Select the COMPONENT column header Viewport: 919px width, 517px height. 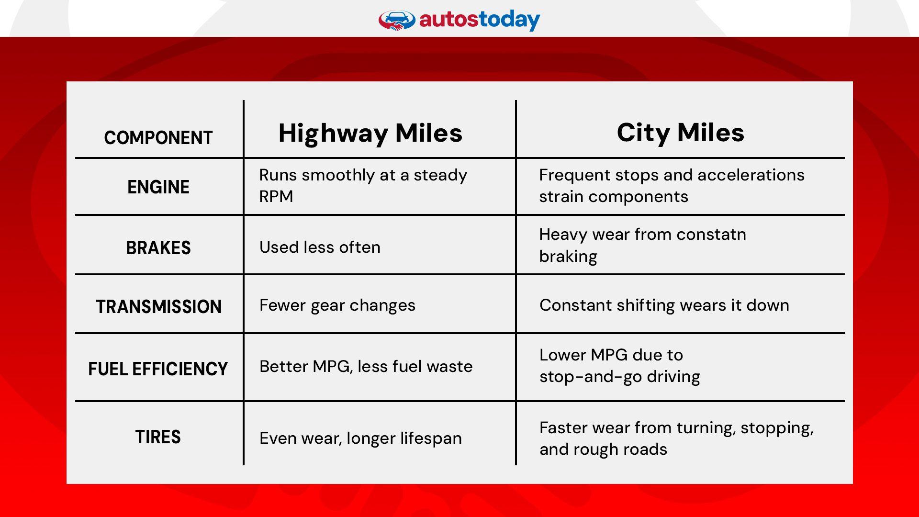pyautogui.click(x=158, y=138)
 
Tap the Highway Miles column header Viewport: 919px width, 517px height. pyautogui.click(x=370, y=133)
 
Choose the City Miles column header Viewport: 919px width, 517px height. pyautogui.click(x=680, y=133)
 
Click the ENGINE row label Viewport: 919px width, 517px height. pyautogui.click(x=158, y=187)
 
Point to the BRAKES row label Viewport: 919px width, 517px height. pyautogui.click(x=158, y=248)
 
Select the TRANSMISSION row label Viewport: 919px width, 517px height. pyautogui.click(x=158, y=307)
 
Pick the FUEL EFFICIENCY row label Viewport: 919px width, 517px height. pyautogui.click(x=158, y=369)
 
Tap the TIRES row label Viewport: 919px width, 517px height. pyautogui.click(x=157, y=437)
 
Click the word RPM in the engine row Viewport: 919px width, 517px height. pyautogui.click(x=276, y=197)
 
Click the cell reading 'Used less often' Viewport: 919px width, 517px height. pyautogui.click(x=320, y=247)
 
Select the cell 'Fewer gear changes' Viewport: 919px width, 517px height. pyautogui.click(x=337, y=305)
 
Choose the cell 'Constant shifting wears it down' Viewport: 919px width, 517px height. pyautogui.click(x=664, y=305)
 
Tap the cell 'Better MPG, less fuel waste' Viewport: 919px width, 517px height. pyautogui.click(x=366, y=367)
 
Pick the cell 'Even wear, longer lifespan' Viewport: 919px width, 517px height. pyautogui.click(x=360, y=438)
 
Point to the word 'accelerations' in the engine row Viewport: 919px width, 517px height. pyautogui.click(x=758, y=175)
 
